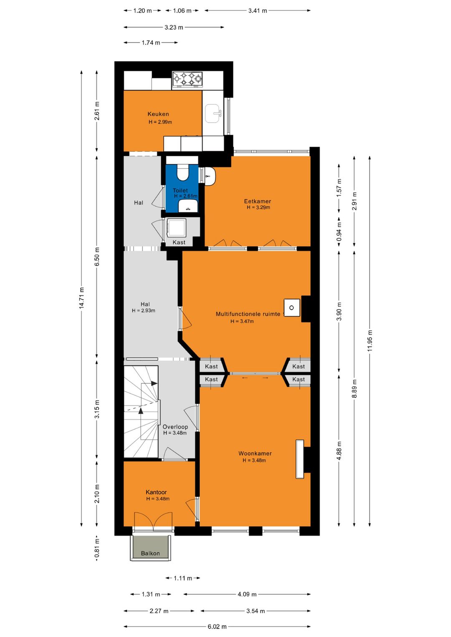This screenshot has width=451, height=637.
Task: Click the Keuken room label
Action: click(x=158, y=114)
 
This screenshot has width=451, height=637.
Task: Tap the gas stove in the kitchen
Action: click(x=187, y=79)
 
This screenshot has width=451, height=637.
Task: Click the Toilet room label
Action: click(x=180, y=190)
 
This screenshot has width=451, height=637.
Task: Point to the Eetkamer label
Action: click(x=258, y=201)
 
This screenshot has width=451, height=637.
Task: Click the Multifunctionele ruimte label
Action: click(x=248, y=314)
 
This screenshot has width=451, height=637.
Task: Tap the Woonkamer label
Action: click(x=255, y=453)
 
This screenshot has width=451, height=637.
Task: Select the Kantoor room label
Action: click(x=156, y=492)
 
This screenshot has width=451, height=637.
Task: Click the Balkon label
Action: click(x=150, y=553)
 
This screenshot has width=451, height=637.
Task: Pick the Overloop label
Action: click(x=175, y=427)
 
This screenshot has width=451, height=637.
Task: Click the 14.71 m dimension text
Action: click(x=82, y=297)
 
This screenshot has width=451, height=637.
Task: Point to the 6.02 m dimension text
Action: click(x=217, y=627)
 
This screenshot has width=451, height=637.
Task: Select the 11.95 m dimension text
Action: click(x=370, y=340)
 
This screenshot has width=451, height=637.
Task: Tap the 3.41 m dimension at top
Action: click(x=258, y=10)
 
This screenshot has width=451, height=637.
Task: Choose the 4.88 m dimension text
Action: click(x=339, y=451)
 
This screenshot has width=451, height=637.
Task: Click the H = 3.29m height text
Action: click(x=258, y=207)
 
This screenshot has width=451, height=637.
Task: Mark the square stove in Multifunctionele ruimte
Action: click(x=291, y=308)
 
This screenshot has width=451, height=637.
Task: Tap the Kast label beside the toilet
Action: click(x=179, y=242)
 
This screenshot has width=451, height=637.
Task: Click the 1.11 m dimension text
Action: click(x=183, y=578)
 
